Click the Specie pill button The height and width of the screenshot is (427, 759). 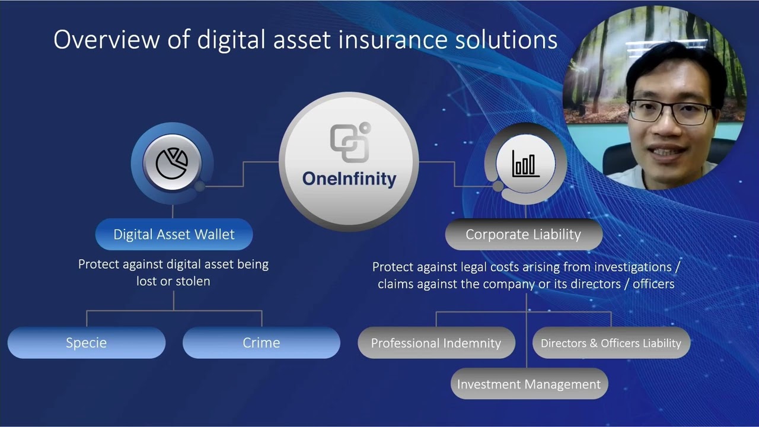87,343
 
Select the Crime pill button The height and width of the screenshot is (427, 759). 261,343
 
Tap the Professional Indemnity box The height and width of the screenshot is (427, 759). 436,343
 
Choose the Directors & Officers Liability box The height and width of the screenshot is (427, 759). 611,343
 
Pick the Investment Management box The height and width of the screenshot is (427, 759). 529,384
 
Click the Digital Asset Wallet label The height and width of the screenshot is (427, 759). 174,234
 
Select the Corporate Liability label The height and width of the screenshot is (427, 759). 523,234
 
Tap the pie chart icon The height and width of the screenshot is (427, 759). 172,163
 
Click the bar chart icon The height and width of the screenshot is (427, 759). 525,163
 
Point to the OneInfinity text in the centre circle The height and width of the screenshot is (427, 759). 349,179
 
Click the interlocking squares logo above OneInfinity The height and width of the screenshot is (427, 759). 350,142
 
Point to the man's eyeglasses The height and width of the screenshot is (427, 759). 670,111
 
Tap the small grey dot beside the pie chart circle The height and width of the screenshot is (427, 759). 200,186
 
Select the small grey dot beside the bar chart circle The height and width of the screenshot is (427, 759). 498,186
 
